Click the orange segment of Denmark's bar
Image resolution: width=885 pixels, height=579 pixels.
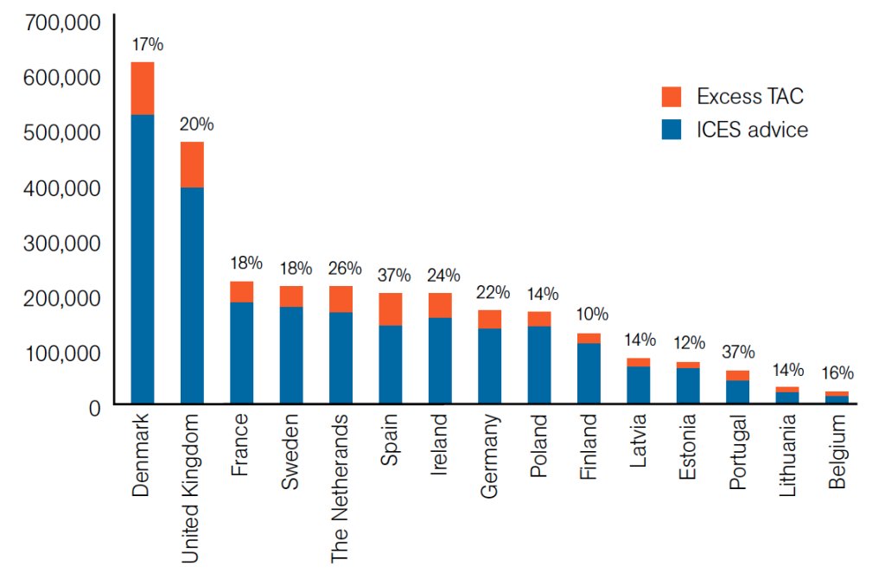pos(142,88)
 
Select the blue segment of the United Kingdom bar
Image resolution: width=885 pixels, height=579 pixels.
pos(191,294)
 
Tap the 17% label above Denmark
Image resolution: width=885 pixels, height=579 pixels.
pos(143,42)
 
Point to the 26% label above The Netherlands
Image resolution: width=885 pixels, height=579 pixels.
pos(340,268)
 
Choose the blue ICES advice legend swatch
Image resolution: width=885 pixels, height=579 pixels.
pos(672,130)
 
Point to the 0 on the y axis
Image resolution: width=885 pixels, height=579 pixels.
pos(94,407)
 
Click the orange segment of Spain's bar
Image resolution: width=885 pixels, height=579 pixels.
pos(390,309)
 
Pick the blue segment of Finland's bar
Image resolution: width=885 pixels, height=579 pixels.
pos(589,372)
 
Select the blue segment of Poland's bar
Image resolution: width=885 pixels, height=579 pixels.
pos(539,364)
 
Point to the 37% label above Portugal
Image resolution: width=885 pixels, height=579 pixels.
pos(737,352)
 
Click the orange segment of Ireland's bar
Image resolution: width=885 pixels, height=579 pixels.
pos(440,305)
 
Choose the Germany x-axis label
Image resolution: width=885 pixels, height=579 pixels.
pos(489,455)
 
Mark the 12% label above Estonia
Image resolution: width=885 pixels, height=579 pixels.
pos(688,342)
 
